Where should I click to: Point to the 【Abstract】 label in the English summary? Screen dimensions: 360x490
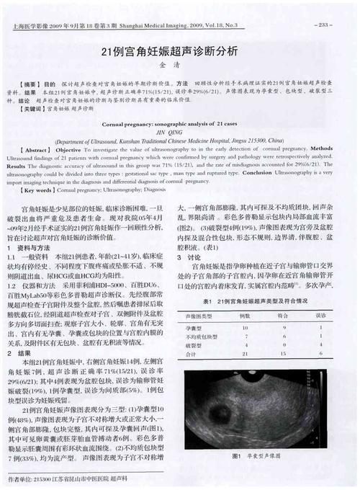37,149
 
